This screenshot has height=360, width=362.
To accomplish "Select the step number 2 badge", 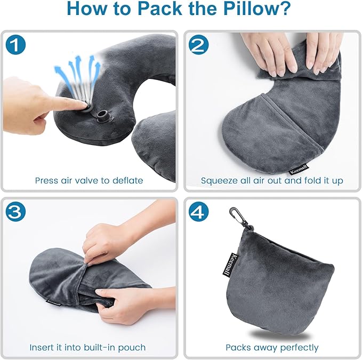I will pos(199,46).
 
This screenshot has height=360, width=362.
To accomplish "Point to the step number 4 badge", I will pos(199,212).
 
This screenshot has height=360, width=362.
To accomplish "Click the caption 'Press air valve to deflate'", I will pos(89,180).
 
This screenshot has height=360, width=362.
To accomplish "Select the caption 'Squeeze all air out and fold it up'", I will pos(272,180).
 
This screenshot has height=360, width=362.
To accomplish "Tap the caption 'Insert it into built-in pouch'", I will pos(89,347).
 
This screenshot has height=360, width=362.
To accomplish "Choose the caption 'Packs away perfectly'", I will pos(272,347).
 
